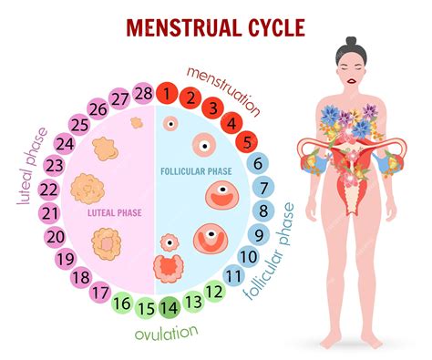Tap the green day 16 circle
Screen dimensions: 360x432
point(123,303)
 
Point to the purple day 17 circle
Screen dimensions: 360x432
point(101,293)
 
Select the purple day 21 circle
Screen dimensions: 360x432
point(49,212)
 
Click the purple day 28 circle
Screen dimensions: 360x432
point(142,93)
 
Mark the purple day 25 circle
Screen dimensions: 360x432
point(78,124)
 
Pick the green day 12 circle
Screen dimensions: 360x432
point(214,292)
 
